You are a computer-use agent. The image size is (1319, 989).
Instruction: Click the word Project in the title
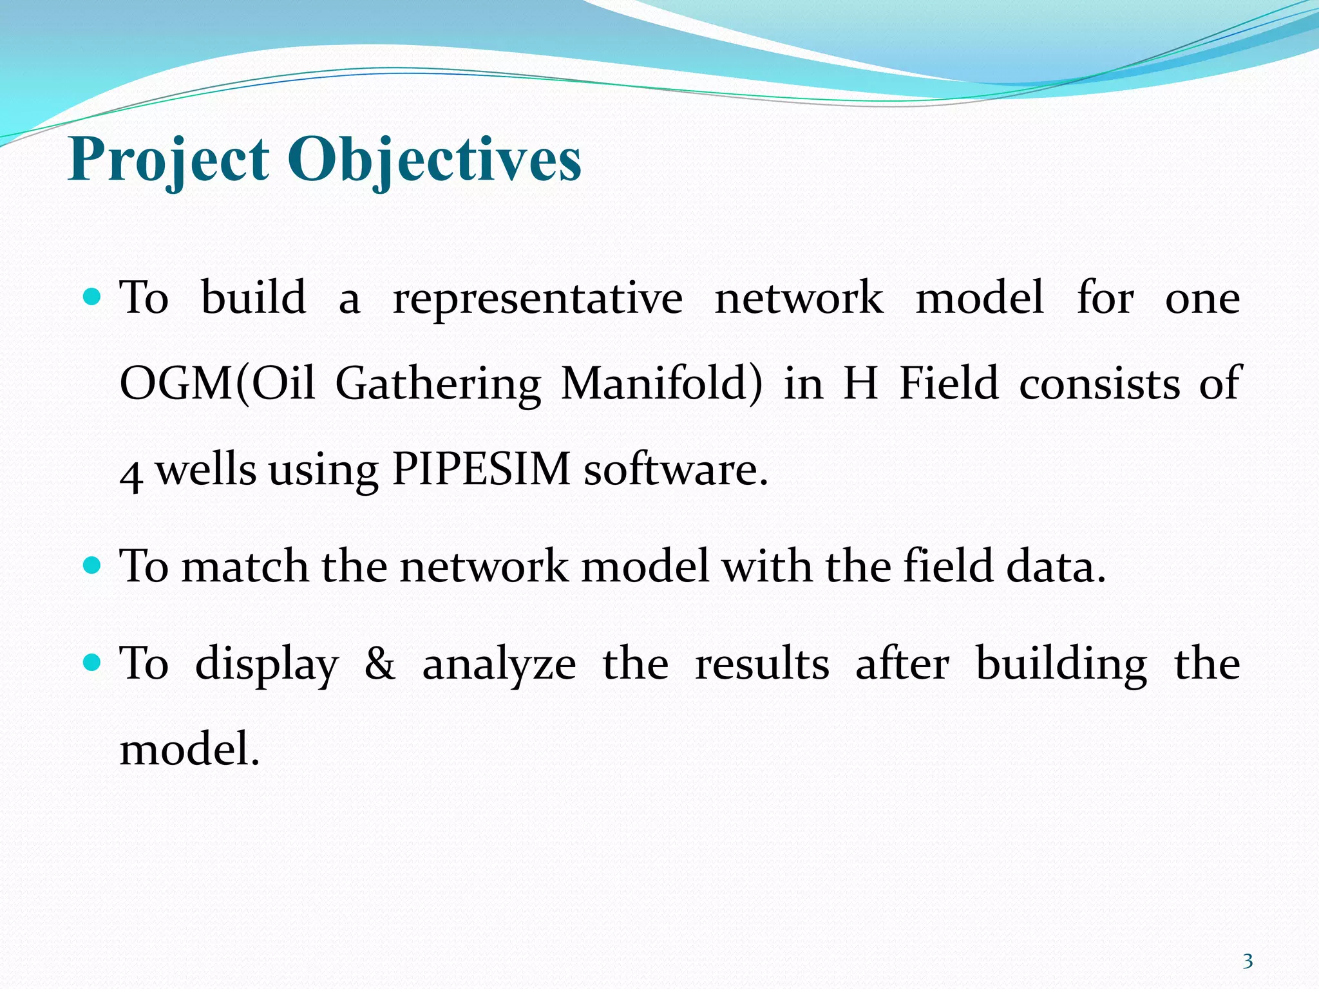pyautogui.click(x=169, y=160)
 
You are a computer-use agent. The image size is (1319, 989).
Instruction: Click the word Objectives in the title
pyautogui.click(x=434, y=160)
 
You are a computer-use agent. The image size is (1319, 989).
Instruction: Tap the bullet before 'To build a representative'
pyautogui.click(x=93, y=297)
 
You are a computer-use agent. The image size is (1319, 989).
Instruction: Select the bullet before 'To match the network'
pyautogui.click(x=93, y=566)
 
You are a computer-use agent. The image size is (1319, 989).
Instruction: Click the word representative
pyautogui.click(x=538, y=299)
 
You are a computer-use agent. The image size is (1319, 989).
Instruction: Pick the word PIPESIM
pyautogui.click(x=481, y=469)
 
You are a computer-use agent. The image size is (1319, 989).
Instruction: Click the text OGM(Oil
pyautogui.click(x=217, y=384)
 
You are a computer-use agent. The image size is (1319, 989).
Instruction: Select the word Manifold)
pyautogui.click(x=661, y=384)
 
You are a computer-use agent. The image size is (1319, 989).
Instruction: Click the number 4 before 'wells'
pyautogui.click(x=131, y=474)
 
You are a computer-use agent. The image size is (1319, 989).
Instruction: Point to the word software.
pyautogui.click(x=676, y=469)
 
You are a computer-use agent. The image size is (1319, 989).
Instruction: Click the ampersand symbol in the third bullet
pyautogui.click(x=380, y=664)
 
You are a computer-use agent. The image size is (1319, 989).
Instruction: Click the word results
pyautogui.click(x=762, y=664)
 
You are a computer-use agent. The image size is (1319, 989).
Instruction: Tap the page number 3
pyautogui.click(x=1248, y=961)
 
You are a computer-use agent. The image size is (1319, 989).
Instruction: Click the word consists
pyautogui.click(x=1099, y=384)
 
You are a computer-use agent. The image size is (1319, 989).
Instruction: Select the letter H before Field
pyautogui.click(x=861, y=384)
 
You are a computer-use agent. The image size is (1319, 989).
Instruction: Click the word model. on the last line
pyautogui.click(x=190, y=749)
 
